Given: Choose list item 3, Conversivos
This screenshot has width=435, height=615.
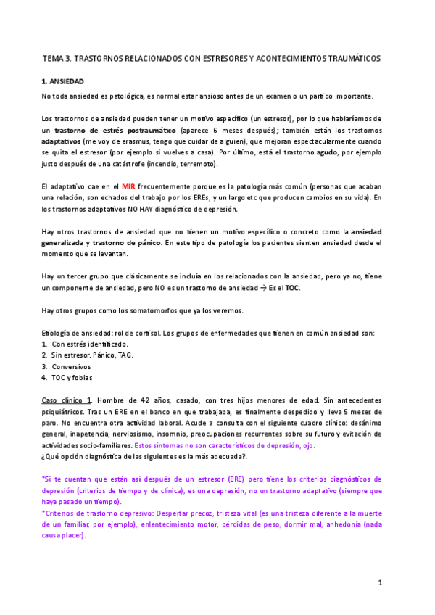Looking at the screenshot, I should point(70,366).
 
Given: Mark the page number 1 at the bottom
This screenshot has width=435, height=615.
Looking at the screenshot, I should point(379,582).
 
